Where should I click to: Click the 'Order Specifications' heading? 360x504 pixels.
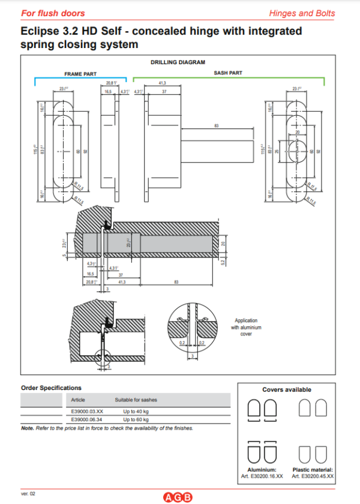click(x=51, y=388)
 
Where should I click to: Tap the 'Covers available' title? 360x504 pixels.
click(x=287, y=389)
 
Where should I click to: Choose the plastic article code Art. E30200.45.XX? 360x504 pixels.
click(x=313, y=476)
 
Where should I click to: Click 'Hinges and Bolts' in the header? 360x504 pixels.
click(x=319, y=13)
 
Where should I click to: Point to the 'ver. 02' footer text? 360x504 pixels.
click(x=28, y=493)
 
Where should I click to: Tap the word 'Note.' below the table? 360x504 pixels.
click(x=28, y=428)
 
